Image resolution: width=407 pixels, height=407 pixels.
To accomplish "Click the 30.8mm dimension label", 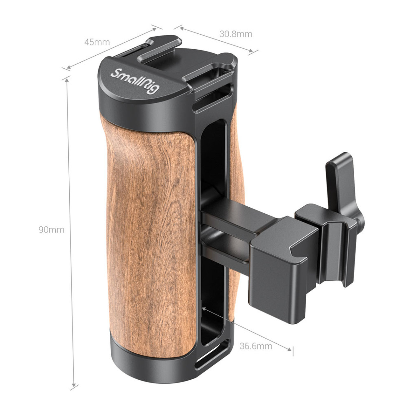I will click(236, 34).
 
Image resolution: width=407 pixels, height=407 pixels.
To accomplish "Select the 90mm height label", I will click(52, 230).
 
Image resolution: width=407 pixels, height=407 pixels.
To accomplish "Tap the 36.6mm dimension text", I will click(256, 346).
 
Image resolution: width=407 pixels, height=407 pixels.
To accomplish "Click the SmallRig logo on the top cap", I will click(135, 81).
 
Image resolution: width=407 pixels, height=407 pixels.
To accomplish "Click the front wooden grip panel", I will click(149, 235).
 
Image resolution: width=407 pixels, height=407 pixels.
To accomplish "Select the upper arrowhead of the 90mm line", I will click(66, 79).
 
